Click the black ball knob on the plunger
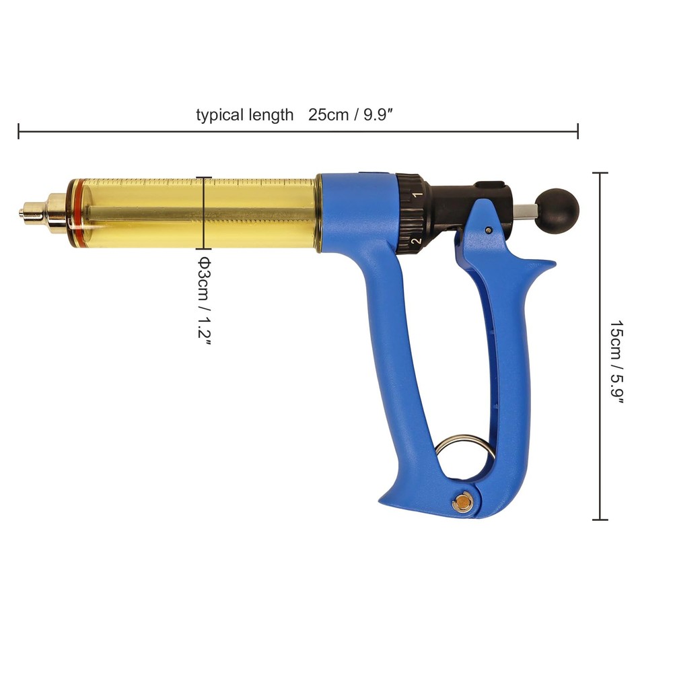(557, 211)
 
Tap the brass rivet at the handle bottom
(462, 501)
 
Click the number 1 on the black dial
(417, 195)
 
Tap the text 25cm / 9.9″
(351, 114)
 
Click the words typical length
(245, 114)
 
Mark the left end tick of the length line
(19, 131)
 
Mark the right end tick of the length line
(577, 131)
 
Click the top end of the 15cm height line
(600, 173)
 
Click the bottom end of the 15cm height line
(600, 519)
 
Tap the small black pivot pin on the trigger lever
(487, 230)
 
